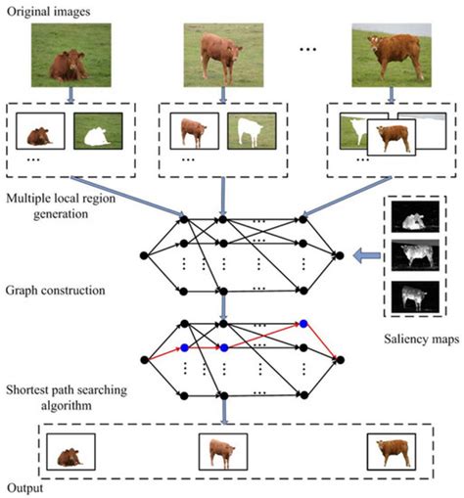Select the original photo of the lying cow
(x=67, y=56)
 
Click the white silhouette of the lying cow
(x=98, y=134)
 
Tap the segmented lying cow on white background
(x=40, y=133)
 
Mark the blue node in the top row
(x=304, y=323)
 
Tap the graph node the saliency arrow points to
(x=338, y=255)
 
